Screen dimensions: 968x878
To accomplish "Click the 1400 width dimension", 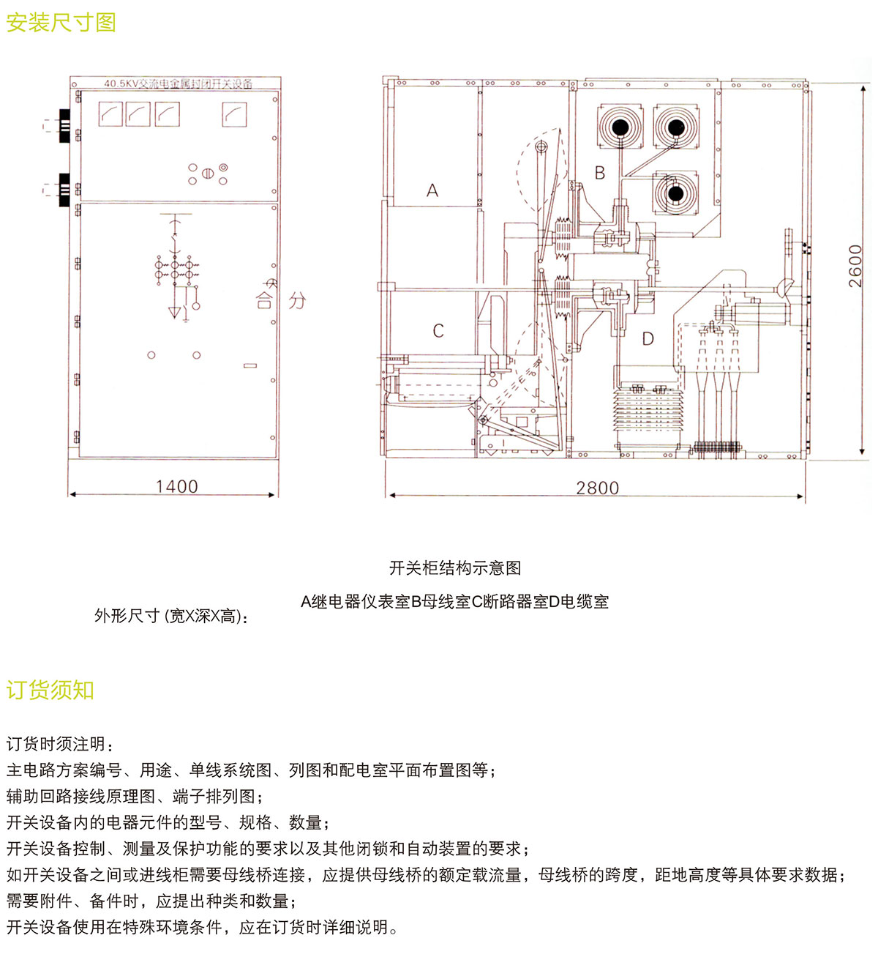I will point(176,486).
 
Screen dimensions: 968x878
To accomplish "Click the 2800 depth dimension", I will point(597,488).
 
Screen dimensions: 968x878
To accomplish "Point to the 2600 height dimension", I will point(855,266).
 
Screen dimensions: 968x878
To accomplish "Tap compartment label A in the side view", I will point(432,190).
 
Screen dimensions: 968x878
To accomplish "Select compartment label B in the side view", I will point(600,173).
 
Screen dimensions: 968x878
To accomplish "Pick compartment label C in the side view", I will point(438,331).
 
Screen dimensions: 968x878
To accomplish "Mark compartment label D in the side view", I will point(648,339).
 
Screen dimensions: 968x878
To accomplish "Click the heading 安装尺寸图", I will point(61,23).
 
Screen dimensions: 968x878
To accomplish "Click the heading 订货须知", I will point(50,690).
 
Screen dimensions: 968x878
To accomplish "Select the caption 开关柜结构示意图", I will point(454,567).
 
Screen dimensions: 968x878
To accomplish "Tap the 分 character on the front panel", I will point(297,300).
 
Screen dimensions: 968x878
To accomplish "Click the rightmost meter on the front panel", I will point(234,114).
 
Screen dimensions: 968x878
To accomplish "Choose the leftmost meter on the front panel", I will point(110,114).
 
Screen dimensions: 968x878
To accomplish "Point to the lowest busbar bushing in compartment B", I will point(675,193).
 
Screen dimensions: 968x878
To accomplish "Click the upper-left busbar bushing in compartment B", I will point(620,127).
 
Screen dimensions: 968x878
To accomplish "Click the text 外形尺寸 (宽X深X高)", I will point(171,616).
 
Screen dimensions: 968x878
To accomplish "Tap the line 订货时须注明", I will point(60,744).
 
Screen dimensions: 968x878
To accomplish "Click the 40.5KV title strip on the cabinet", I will point(178,83).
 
